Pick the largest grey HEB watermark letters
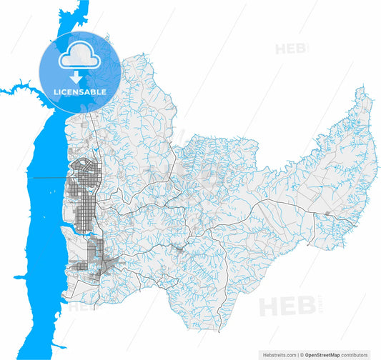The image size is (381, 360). pos(286,306)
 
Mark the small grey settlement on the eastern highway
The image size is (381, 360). pos(327,213)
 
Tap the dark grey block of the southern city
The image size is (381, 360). pos(96,253)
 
